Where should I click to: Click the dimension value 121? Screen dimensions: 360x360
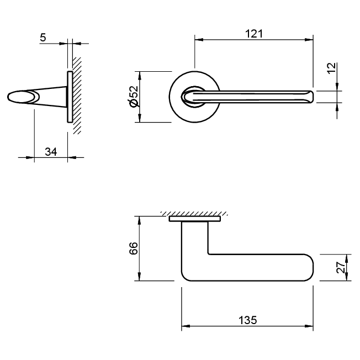(253, 34)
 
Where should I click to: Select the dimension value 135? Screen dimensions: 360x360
(248, 320)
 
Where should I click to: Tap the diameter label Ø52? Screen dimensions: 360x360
(133, 97)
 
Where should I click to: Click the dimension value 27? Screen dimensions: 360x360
(341, 267)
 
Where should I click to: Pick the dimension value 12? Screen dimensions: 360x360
(331, 68)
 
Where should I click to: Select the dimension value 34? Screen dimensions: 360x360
(51, 152)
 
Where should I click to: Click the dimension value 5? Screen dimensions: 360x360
(43, 38)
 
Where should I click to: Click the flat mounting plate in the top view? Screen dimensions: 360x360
(195, 220)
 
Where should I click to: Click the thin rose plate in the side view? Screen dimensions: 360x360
(69, 97)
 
